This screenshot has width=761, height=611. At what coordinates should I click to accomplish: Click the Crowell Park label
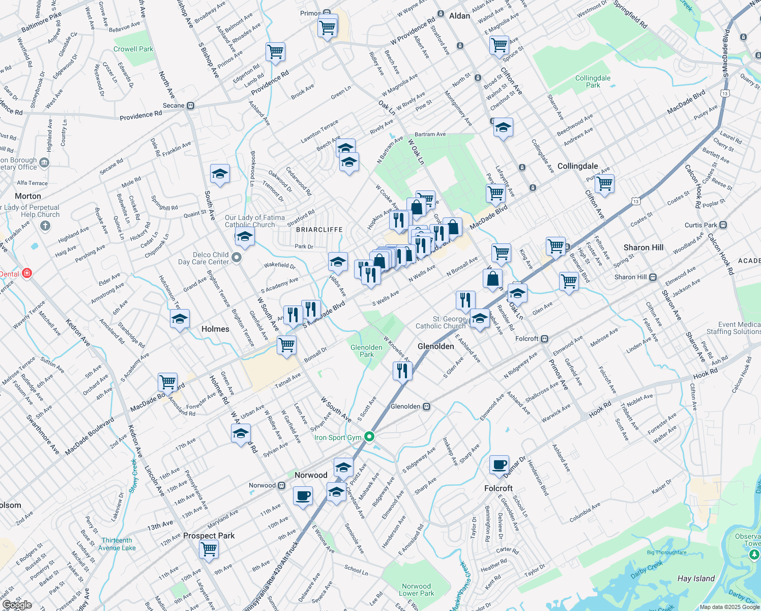point(133,49)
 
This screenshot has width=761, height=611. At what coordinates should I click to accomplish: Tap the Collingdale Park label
point(593,81)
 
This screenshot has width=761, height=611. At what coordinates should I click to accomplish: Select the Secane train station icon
point(190,106)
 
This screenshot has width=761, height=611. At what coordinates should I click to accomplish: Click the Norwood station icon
point(281,485)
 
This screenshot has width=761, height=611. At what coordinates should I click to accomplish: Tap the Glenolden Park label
point(366,351)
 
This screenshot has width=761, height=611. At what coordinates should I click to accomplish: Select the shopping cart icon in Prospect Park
point(209,549)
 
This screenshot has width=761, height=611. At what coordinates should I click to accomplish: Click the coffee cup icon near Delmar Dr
point(500,464)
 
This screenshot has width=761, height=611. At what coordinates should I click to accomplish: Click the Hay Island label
point(696,578)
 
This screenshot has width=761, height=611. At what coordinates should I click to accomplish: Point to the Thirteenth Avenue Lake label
point(117,544)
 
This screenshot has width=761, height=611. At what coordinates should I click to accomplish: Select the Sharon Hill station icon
point(653,277)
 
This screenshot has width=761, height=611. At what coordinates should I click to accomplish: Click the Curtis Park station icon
point(723,225)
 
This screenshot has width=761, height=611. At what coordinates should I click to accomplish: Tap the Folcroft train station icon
point(544,339)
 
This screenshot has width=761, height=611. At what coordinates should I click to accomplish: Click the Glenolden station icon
point(427,406)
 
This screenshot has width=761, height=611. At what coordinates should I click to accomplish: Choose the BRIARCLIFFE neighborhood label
point(319,230)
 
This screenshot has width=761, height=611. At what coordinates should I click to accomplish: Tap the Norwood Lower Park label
point(416,590)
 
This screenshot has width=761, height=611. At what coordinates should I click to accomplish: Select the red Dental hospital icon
point(27,273)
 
